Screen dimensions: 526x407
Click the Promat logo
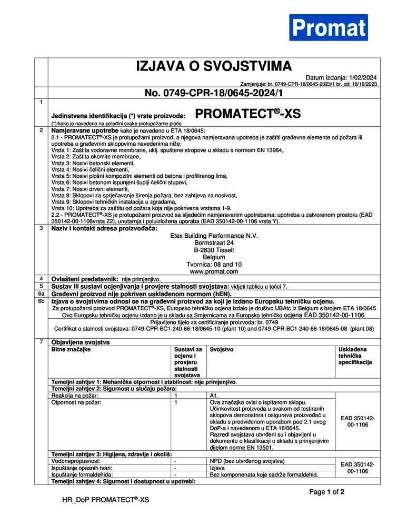(328, 27)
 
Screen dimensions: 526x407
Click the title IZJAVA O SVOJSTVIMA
(214, 66)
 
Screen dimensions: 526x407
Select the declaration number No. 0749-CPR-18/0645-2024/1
(214, 93)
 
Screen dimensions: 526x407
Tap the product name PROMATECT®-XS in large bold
(247, 113)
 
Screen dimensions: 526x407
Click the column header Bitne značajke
(71, 349)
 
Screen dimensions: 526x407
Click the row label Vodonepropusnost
(76, 461)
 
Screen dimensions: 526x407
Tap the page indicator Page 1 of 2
(326, 492)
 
